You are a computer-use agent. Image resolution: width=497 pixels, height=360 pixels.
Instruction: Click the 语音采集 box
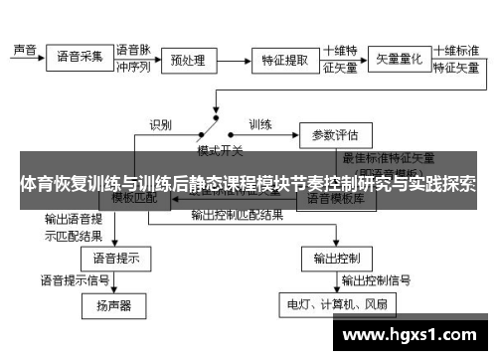[x=80, y=56]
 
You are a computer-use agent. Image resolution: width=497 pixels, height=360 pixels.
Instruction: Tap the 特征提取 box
[x=284, y=61]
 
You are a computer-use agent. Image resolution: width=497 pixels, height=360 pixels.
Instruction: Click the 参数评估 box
[x=336, y=133]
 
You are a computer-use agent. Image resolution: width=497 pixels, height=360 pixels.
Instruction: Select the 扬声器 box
[x=114, y=304]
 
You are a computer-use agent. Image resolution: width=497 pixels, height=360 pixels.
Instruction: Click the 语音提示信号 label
[x=75, y=279]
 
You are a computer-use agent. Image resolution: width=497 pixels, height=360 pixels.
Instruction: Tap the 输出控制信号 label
[x=378, y=279]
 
